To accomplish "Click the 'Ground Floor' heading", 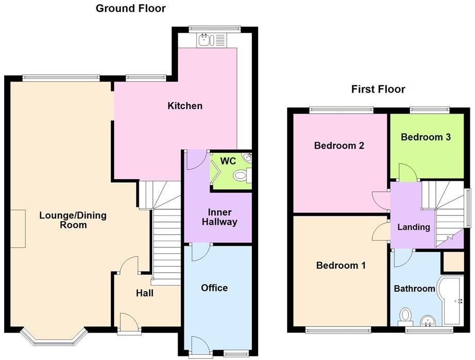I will [131, 8].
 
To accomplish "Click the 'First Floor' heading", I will [378, 89].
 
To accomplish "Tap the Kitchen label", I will [185, 106].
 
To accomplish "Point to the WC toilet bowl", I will [241, 176].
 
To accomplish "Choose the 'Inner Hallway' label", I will [219, 217].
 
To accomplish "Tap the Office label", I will [214, 288].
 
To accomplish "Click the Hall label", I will [145, 293].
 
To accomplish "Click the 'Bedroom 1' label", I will [341, 265].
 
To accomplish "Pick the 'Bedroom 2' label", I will [339, 146].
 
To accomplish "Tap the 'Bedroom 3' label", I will [426, 137].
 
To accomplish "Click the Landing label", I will [414, 227].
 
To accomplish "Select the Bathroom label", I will [415, 288].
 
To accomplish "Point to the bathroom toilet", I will [405, 315].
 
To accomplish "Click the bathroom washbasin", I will [428, 321].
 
